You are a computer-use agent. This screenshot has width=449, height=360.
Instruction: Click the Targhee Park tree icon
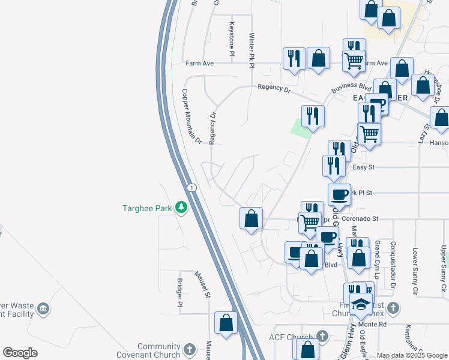click(180, 208)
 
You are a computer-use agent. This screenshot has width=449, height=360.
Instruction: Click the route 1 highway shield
click(190, 188)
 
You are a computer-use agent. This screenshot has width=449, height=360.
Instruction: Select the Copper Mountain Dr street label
click(191, 117)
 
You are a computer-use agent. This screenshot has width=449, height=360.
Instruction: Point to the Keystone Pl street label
click(231, 40)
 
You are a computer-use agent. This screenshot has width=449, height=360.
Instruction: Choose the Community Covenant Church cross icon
click(189, 349)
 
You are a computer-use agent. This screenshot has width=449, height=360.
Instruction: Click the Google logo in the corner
click(20, 353)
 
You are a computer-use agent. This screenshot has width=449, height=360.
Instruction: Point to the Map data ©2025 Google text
click(411, 355)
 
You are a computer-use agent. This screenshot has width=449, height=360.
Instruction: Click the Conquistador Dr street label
click(394, 260)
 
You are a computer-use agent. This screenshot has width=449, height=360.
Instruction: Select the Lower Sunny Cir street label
click(415, 268)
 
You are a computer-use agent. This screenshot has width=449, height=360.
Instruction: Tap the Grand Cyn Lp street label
click(377, 260)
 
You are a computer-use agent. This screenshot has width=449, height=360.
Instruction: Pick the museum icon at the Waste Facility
click(43, 309)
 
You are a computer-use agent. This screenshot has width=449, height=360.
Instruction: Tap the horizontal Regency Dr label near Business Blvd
click(274, 88)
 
